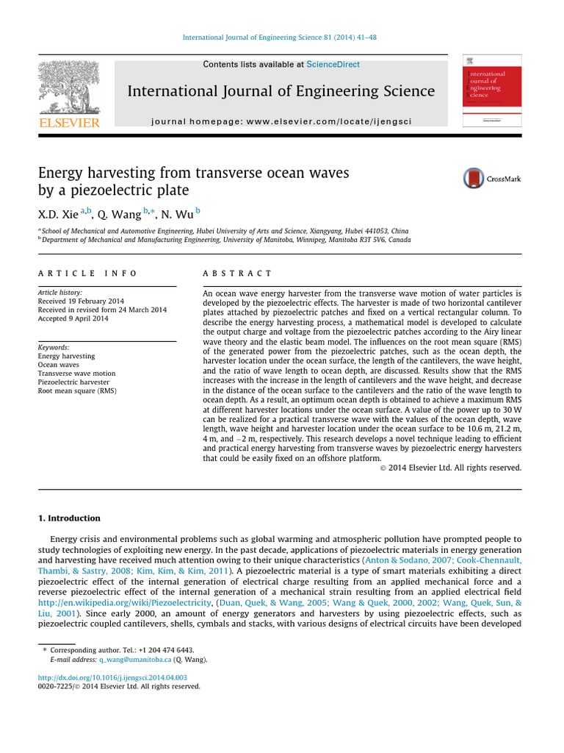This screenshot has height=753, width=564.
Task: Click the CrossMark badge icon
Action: [474, 178]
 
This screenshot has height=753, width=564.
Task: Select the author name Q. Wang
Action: [119, 213]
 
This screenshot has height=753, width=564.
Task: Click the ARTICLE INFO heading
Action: [87, 274]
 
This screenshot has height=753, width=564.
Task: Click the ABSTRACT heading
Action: [237, 274]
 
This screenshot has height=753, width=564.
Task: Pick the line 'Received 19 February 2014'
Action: [81, 301]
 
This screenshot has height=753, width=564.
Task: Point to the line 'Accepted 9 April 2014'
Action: [73, 319]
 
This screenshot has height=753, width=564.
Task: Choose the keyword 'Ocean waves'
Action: [58, 365]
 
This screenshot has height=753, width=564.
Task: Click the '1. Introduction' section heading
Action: [69, 518]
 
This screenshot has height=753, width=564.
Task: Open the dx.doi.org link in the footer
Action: [112, 677]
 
